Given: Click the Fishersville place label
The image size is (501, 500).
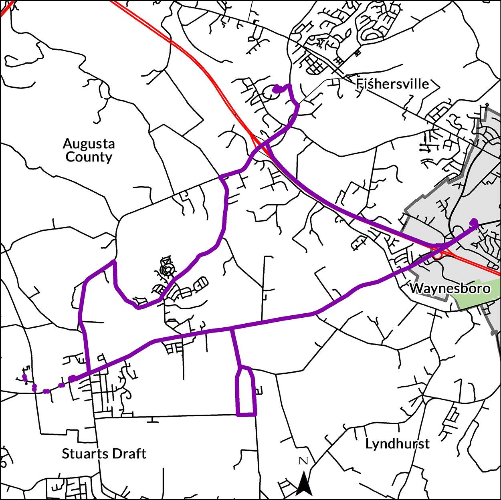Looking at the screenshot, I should click(x=392, y=84).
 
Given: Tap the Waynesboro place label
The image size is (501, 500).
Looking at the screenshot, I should click(x=450, y=288).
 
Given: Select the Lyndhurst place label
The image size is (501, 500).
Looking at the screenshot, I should click(x=397, y=444).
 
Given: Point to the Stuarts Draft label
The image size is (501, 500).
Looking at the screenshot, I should click(x=104, y=454).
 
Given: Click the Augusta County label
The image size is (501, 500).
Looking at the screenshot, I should click(x=89, y=150).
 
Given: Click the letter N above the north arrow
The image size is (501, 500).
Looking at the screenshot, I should click(x=303, y=461).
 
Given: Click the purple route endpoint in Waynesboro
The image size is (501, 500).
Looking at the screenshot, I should click(x=474, y=222).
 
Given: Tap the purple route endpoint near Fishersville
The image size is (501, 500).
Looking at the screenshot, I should click(x=276, y=89).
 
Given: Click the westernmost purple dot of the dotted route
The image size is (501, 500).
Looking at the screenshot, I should click(x=24, y=377).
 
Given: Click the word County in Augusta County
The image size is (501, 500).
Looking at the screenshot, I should click(x=89, y=157).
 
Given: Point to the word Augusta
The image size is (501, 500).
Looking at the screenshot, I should click(x=89, y=143).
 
